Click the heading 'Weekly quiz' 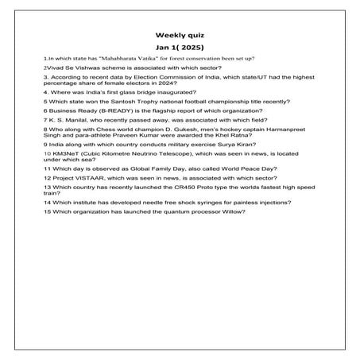point(180,35)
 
